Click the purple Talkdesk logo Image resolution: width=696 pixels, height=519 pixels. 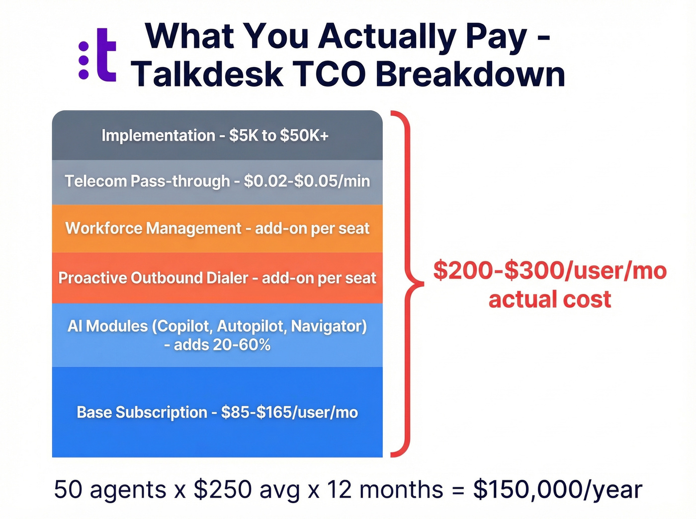point(98,55)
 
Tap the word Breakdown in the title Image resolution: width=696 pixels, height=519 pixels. point(470,74)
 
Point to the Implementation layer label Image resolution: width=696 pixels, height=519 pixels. point(158,136)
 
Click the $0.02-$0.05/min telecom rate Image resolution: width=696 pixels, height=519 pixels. point(307,181)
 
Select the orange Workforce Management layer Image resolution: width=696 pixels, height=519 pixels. point(217,228)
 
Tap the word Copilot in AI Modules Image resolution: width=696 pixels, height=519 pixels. point(182,326)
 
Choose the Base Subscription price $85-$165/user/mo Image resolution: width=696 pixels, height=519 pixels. point(289,413)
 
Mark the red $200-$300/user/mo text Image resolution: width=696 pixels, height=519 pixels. point(550,271)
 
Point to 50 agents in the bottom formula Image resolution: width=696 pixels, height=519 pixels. point(110,490)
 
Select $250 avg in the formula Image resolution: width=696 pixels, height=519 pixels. point(247,490)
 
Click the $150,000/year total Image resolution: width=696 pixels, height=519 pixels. point(557,490)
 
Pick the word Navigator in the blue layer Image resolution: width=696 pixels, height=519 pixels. point(329,326)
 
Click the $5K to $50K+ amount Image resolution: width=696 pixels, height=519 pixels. point(279,136)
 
